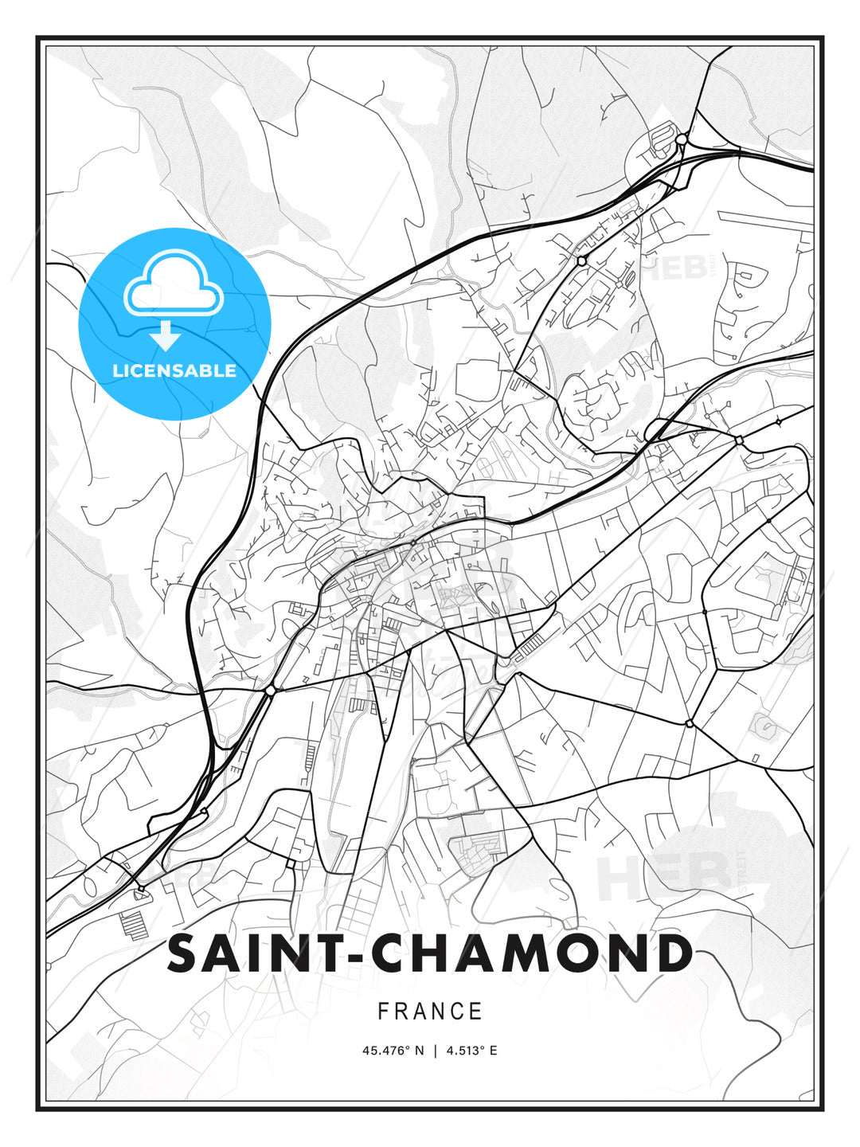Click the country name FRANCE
pos(430,1012)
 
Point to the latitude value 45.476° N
pos(393,1051)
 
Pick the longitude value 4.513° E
pos(471,1051)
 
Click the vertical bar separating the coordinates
pos(435,1051)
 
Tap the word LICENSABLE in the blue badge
pos(174,370)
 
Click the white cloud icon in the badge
pos(174,285)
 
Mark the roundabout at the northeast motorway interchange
pos(681,139)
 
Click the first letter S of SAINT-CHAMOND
pos(182,953)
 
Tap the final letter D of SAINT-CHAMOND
pos(674,953)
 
